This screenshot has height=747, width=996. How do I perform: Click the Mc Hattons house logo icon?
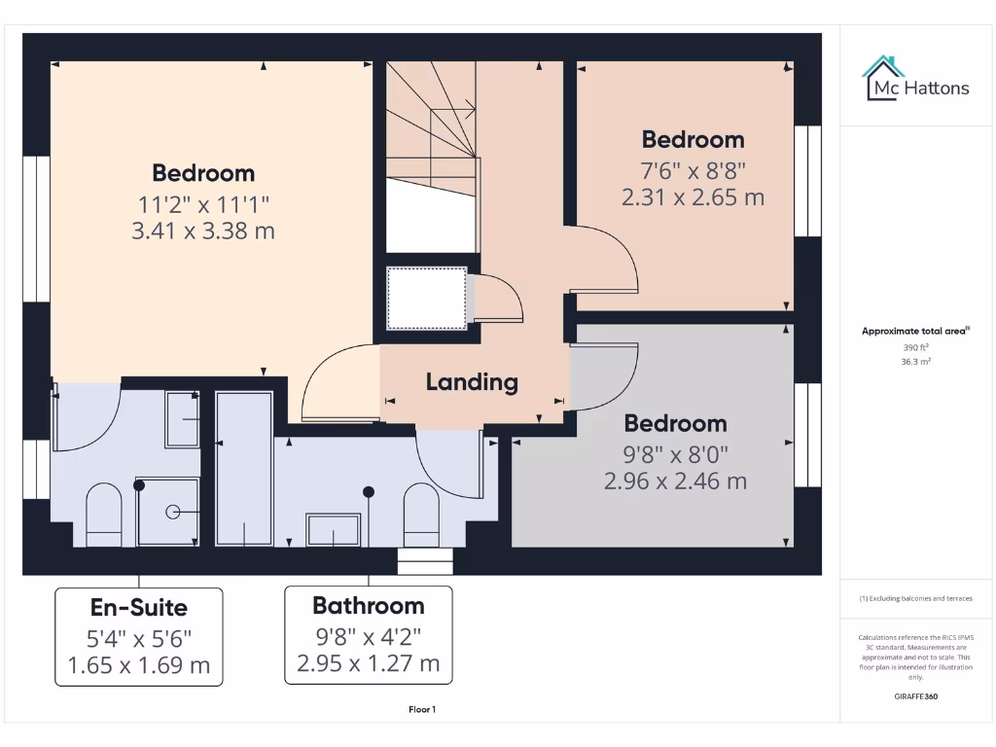pos(883,78)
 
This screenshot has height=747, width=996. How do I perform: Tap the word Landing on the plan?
pos(472,382)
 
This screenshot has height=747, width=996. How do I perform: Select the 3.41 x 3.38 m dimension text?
pos(203,231)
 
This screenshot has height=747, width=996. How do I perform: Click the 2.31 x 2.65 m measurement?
pos(693,197)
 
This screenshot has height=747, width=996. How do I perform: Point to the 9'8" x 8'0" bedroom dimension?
pos(675,453)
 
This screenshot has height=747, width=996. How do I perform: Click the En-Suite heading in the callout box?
pos(139,608)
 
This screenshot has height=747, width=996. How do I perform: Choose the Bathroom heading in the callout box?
pos(368,606)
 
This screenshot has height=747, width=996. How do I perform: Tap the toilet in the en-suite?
pos(103,515)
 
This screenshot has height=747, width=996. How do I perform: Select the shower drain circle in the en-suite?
pos(172,511)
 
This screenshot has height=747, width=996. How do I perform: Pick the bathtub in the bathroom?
pos(242,469)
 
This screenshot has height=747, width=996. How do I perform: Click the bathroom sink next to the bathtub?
pos(334,531)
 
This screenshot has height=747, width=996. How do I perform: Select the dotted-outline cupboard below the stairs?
pos(427,299)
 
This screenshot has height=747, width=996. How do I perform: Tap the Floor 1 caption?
pos(421,710)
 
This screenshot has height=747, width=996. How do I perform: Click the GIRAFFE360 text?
pos(914,696)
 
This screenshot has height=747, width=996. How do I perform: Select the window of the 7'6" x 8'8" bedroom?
pos(807,181)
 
